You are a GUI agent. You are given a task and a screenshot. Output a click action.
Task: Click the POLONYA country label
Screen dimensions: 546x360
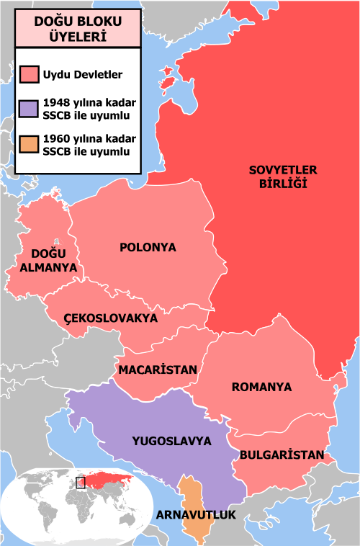point(148,248)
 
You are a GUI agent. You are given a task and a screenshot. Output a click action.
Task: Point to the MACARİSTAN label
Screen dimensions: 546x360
point(158,370)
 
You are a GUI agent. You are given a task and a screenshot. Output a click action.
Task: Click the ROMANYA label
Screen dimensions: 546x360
point(261,387)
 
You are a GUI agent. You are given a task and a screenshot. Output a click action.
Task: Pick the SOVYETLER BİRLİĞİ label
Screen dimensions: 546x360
point(284,176)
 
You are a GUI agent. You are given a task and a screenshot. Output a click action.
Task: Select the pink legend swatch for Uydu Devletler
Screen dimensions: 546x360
point(30,75)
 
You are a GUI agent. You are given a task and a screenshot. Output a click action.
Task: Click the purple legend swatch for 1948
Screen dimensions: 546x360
point(30,109)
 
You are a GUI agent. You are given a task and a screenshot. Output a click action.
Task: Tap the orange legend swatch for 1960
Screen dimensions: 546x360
point(30,145)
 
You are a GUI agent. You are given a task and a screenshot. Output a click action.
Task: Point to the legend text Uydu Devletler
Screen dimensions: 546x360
point(82,75)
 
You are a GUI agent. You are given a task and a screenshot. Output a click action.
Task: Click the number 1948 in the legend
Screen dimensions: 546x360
point(57,102)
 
